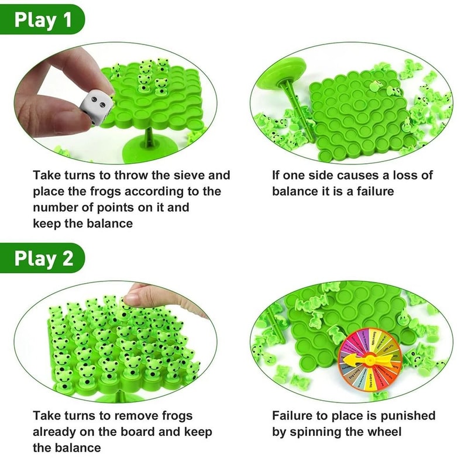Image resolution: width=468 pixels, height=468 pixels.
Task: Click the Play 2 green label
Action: tap(44, 258)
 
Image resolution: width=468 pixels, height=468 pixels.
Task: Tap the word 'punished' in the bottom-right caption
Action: tap(407, 416)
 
